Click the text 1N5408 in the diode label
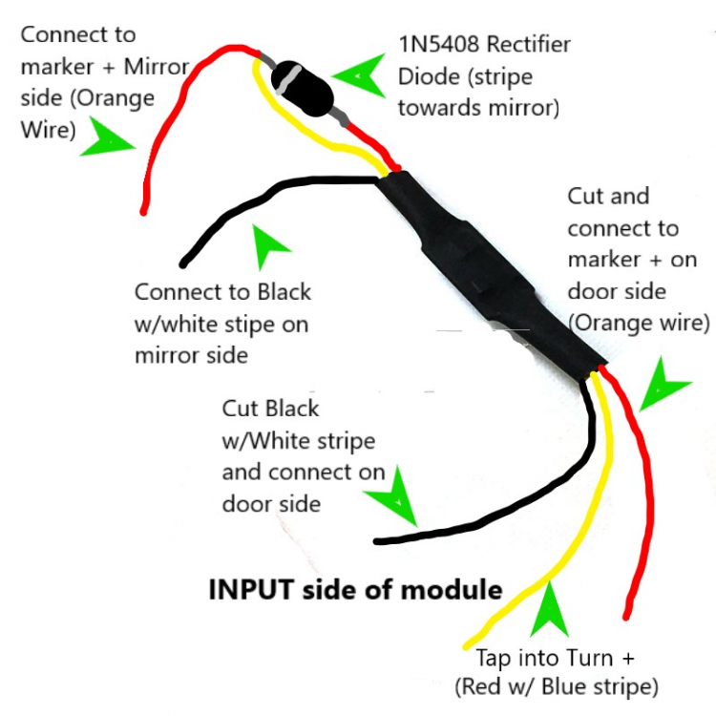[439, 44]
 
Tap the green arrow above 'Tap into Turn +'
[550, 611]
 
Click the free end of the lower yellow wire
[466, 646]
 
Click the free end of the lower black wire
[377, 541]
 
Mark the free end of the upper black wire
[183, 263]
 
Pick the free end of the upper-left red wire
[143, 212]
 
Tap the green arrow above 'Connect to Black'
[267, 244]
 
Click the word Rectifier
[528, 44]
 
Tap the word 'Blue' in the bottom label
[565, 686]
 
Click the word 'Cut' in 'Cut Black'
[241, 409]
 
